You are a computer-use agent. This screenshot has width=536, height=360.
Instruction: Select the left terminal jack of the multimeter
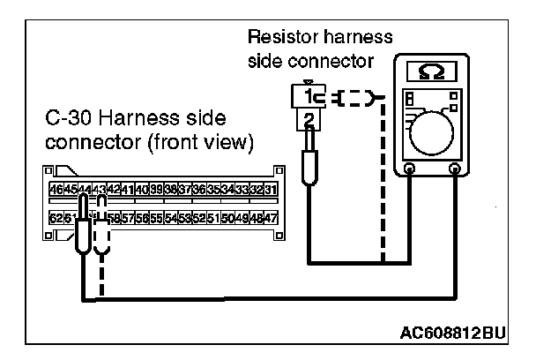pos(410,169)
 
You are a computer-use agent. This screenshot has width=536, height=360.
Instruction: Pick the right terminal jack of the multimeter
pos(455,169)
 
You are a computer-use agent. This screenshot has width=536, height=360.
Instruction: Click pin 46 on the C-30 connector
pos(56,190)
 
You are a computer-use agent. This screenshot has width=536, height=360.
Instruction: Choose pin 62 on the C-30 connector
pos(56,217)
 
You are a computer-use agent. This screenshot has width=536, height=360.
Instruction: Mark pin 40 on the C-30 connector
pos(142,190)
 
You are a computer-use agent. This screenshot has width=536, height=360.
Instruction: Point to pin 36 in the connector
pos(199,190)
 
